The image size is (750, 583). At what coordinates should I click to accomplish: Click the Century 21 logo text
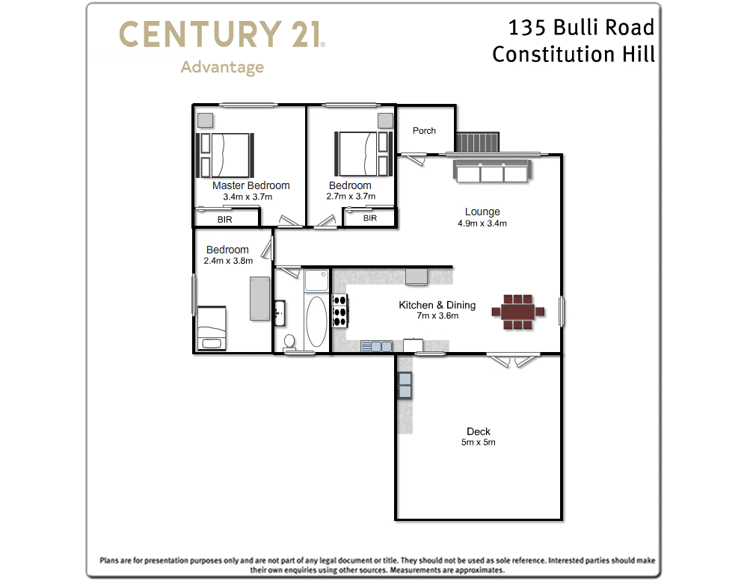(221, 35)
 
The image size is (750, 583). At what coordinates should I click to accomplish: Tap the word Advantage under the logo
(222, 67)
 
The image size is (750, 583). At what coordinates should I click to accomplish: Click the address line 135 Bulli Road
(581, 28)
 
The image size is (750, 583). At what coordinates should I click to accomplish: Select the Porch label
(424, 131)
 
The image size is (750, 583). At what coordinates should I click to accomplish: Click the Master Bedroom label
(250, 185)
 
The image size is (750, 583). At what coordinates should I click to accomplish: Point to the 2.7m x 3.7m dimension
(350, 197)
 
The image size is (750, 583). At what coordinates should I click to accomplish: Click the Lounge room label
(482, 212)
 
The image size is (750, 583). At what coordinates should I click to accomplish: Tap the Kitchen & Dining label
(437, 305)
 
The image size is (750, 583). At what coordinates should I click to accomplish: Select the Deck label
(479, 431)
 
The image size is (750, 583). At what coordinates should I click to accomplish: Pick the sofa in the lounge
(491, 173)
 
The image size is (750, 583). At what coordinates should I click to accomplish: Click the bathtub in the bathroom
(316, 322)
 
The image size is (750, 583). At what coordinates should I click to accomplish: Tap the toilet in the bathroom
(289, 342)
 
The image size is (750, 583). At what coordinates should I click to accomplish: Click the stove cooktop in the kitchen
(339, 311)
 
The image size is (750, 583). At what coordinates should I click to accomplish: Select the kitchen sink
(375, 346)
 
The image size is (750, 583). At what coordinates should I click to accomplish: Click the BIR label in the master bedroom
(224, 220)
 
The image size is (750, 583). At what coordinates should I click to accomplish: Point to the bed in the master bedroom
(225, 154)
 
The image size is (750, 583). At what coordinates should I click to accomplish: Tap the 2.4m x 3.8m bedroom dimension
(228, 261)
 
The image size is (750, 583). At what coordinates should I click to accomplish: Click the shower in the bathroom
(316, 281)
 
